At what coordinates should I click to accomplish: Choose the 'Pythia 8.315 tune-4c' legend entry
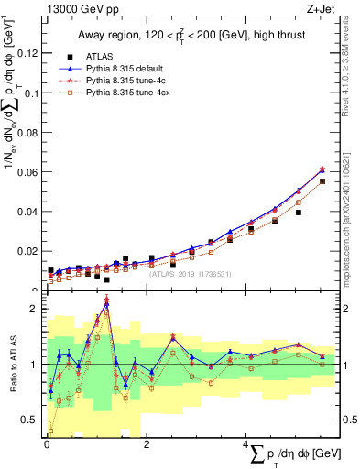[x=128, y=81]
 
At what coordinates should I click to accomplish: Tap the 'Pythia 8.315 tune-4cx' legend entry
[x=130, y=93]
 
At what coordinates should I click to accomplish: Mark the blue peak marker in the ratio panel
[x=106, y=304]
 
